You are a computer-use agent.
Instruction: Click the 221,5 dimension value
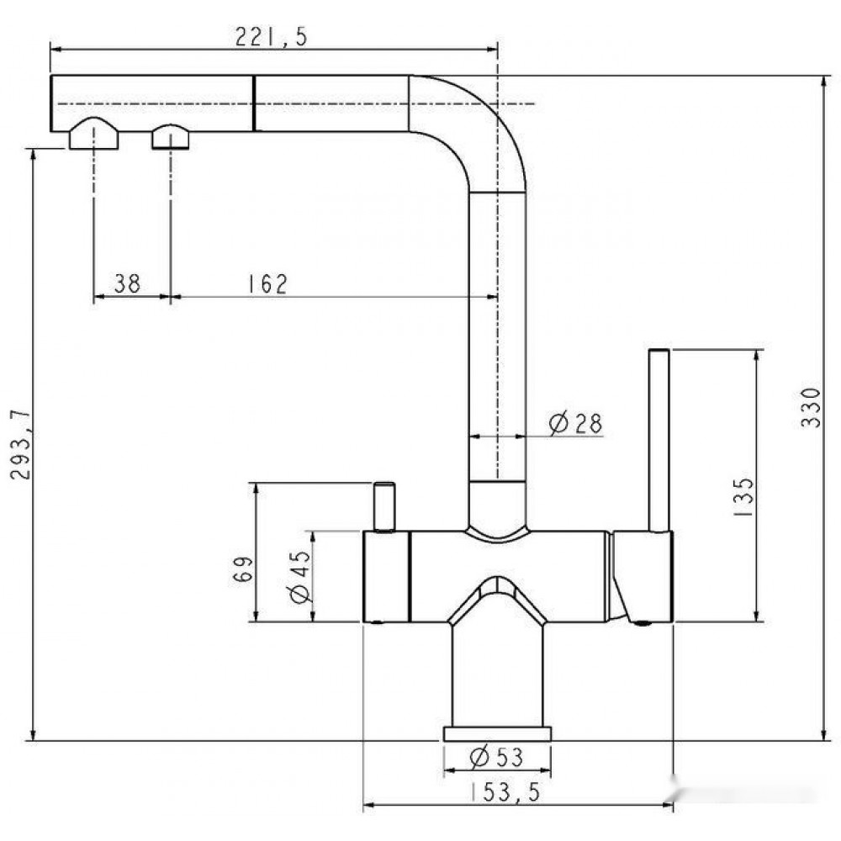(271, 36)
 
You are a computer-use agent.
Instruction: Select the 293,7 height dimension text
(21, 445)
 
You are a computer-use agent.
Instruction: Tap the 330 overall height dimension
(811, 408)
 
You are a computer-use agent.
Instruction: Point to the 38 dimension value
(127, 283)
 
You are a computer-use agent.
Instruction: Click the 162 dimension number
(267, 284)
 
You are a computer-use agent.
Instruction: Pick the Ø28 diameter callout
(575, 423)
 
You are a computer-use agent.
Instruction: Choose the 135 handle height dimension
(743, 497)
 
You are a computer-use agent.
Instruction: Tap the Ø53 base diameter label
(496, 757)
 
